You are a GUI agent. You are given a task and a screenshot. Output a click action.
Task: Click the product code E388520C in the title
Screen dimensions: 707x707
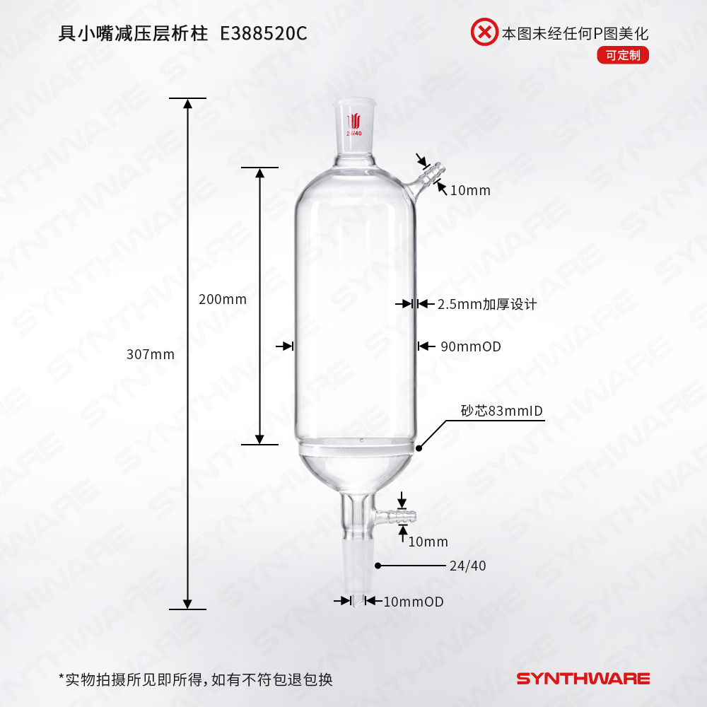click(264, 35)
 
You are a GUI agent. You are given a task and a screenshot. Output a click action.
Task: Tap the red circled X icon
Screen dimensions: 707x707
click(484, 33)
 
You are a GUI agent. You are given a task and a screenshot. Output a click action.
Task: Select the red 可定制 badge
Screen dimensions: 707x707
click(622, 55)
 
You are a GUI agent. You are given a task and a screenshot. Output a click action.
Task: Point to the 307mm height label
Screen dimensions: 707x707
click(150, 354)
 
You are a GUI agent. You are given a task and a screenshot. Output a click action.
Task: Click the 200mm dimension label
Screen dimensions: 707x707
click(223, 299)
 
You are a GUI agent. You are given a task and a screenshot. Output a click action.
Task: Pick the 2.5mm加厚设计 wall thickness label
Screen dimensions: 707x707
click(487, 304)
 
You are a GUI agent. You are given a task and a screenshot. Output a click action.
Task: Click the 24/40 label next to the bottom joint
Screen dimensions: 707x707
click(467, 566)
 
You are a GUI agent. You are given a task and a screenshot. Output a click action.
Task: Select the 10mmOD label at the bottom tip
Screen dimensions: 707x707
click(413, 602)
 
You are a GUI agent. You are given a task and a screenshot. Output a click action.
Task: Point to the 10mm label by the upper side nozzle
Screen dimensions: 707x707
click(469, 190)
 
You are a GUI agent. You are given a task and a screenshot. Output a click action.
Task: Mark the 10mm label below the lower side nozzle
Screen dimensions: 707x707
click(428, 542)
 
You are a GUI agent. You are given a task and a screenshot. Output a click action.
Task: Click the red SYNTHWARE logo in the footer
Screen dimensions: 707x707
click(583, 679)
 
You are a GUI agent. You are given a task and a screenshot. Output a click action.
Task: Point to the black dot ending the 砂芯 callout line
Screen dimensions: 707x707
click(419, 448)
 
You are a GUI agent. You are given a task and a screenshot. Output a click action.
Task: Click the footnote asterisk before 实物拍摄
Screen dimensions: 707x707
click(62, 679)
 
